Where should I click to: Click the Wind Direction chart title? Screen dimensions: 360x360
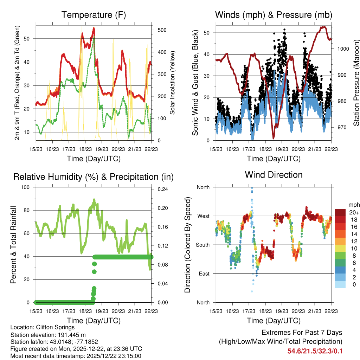[274, 175]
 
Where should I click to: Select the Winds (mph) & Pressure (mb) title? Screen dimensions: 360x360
[274, 15]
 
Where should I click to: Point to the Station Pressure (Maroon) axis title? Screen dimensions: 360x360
[356, 87]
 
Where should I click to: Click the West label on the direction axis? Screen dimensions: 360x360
[203, 216]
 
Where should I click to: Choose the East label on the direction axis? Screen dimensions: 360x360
[204, 274]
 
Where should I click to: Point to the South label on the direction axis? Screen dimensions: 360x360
[202, 245]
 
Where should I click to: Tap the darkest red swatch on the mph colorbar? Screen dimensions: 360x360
[340, 212]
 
